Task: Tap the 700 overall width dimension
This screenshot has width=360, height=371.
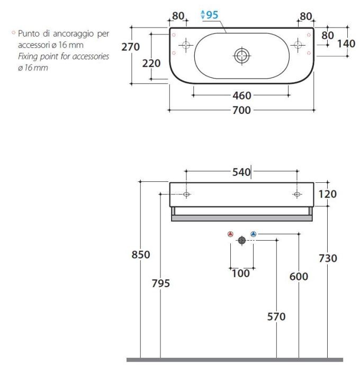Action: [241, 110]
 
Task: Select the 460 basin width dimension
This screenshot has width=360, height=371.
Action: [241, 95]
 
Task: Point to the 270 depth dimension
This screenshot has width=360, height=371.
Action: [130, 47]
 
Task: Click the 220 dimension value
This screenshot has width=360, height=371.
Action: [151, 64]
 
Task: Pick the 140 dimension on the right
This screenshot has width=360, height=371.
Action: [346, 43]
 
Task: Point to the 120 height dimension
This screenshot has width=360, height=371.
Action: [327, 194]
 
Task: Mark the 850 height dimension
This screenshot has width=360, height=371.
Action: [140, 254]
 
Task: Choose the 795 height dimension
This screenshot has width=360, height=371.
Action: [160, 284]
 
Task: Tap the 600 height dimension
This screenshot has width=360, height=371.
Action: [299, 277]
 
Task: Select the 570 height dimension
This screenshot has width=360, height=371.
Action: [276, 316]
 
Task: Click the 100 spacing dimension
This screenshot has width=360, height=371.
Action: [240, 273]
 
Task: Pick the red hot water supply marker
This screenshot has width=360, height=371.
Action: [230, 234]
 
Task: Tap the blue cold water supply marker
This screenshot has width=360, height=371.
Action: [253, 234]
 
